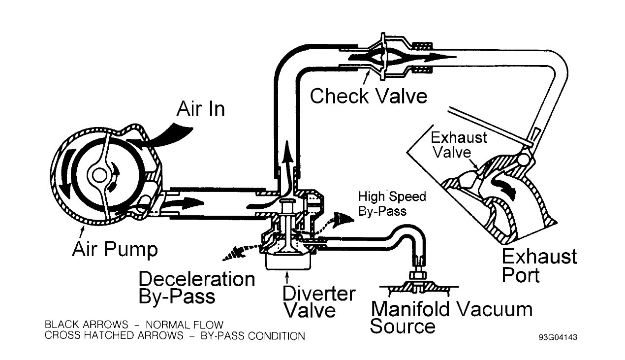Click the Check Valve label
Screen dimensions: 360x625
pos(368,96)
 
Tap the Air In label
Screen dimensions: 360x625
pos(200,108)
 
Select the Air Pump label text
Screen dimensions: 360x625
pos(115,249)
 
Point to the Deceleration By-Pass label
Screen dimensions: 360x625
pos(196,288)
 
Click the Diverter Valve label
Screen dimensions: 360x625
pos(318,302)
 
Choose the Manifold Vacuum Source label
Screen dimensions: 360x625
pos(451,318)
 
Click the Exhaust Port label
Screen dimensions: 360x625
pos(539,266)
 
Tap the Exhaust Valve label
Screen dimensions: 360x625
pos(459,145)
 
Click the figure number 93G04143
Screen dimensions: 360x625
pos(558,337)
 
